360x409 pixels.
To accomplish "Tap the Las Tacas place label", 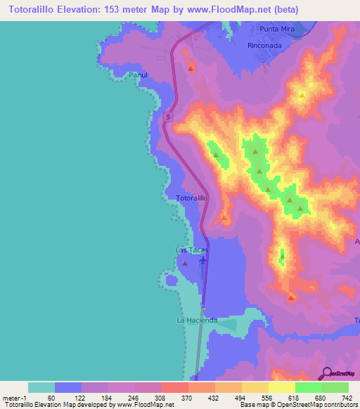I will pyautogui.click(x=192, y=250).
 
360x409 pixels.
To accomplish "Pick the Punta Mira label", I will pyautogui.click(x=277, y=29).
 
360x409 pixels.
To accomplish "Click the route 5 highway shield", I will pyautogui.click(x=168, y=117).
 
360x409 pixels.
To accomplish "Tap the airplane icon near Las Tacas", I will pyautogui.click(x=203, y=261).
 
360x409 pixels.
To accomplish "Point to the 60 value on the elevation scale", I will pyautogui.click(x=51, y=397).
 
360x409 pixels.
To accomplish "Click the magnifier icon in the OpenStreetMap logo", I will pyautogui.click(x=327, y=373).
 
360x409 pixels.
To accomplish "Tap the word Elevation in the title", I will pyautogui.click(x=77, y=10).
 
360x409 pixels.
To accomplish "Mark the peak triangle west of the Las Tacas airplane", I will pyautogui.click(x=184, y=264).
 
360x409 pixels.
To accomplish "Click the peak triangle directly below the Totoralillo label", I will pyautogui.click(x=224, y=217).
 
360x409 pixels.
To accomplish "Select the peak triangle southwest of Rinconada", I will pyautogui.click(x=191, y=67).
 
